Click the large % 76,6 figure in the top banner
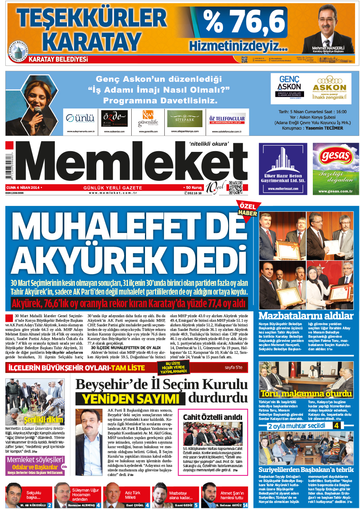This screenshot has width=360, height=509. [x=244, y=22]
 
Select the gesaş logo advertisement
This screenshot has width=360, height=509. [x=336, y=169]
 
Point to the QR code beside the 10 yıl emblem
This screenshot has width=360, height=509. [x=235, y=188]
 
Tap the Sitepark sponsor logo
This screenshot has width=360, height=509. [x=185, y=119]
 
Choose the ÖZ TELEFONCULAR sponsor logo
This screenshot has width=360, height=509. [x=227, y=120]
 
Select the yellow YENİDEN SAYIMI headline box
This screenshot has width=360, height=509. [x=131, y=399]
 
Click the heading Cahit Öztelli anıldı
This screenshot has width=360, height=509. [x=212, y=417]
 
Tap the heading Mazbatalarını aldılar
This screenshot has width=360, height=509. [x=306, y=316]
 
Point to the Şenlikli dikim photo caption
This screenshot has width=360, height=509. [x=38, y=420]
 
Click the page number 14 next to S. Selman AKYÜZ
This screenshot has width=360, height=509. [x=245, y=505]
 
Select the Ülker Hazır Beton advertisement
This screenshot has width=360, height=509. [x=283, y=169]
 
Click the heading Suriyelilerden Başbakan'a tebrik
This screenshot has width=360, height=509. [x=306, y=470]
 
